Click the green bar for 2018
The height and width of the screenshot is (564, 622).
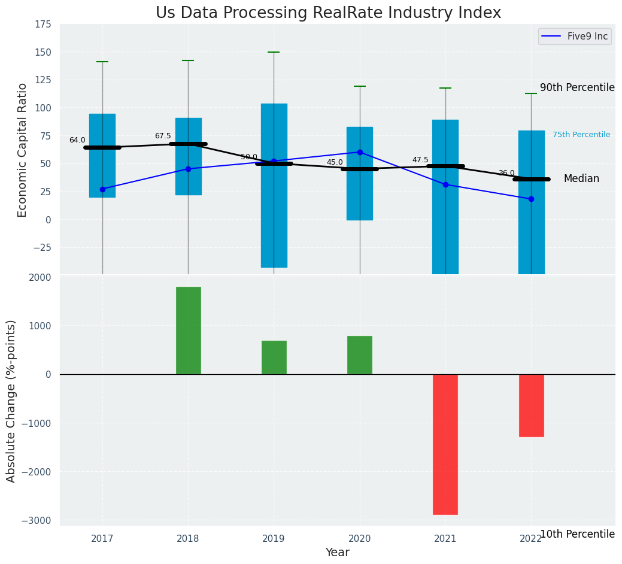click(188, 330)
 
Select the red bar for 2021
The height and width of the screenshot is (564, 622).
click(445, 444)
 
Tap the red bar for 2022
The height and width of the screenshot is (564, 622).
click(531, 405)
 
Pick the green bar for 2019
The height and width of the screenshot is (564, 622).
click(274, 357)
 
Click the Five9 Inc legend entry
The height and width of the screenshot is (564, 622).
click(574, 37)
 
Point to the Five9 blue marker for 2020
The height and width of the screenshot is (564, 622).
click(360, 152)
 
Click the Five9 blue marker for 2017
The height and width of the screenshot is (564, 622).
click(102, 189)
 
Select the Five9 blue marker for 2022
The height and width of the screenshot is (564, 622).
click(531, 199)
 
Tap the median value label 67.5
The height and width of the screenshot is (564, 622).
click(163, 136)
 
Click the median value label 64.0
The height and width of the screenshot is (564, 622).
click(77, 140)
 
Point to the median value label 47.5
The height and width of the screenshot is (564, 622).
click(420, 160)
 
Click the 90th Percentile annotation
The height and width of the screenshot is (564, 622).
click(577, 87)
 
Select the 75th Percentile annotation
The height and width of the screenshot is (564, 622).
click(581, 135)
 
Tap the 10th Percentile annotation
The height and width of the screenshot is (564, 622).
click(577, 534)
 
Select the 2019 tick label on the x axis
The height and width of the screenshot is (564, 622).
click(274, 539)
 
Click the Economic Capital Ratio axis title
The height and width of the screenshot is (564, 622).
click(23, 150)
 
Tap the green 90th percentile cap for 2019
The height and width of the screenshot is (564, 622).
click(274, 52)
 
